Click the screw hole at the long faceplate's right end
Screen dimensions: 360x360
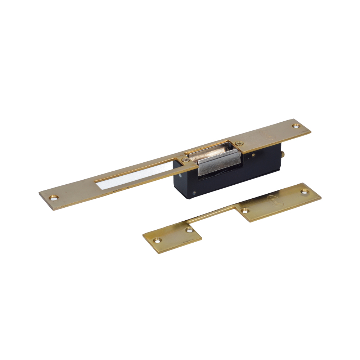coord(296,126)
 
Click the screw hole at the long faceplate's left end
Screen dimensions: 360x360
coord(54,197)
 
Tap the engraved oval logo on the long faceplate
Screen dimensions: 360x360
coord(269,136)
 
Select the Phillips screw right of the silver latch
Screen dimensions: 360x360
coord(238,144)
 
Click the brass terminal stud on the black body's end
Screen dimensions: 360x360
coord(283,154)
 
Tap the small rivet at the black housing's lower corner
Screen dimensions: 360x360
coord(195,193)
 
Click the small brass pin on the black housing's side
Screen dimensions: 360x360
coord(253,155)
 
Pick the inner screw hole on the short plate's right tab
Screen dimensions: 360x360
coord(246,210)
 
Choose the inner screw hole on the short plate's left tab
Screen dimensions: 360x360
coord(189,229)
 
